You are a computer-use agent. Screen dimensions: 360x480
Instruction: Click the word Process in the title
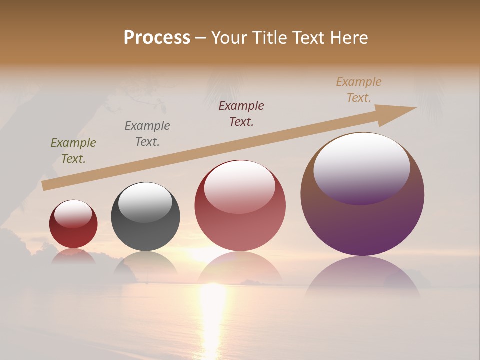point(157,38)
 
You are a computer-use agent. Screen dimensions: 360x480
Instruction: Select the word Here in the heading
point(349,38)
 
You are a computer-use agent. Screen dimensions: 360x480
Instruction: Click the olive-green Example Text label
point(73,151)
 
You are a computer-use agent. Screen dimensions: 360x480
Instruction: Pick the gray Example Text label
point(147,134)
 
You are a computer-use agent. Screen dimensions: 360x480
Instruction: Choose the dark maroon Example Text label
point(241,114)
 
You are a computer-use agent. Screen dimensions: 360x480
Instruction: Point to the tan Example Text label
point(359,90)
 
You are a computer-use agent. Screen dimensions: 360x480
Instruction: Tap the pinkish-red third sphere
point(240,225)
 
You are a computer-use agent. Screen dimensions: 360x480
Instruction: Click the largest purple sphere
point(362,220)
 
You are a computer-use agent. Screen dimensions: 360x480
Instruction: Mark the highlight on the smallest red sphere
point(73,214)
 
